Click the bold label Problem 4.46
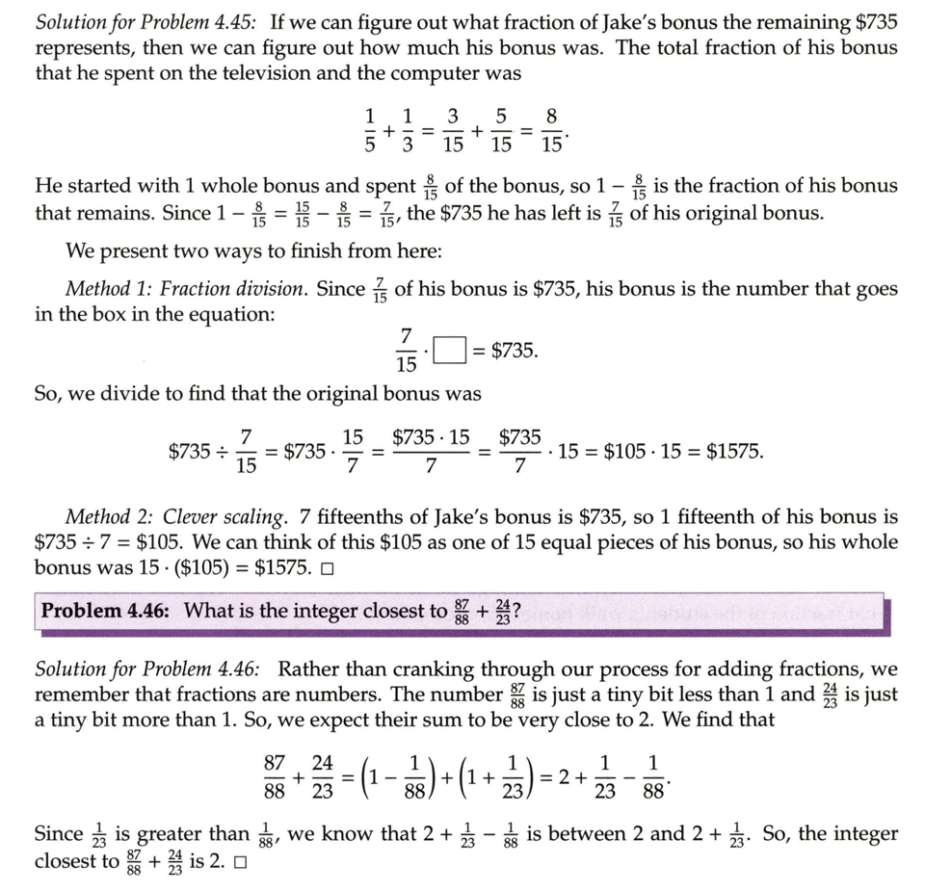point(107,610)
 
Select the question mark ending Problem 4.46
point(518,610)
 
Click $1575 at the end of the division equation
point(733,450)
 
